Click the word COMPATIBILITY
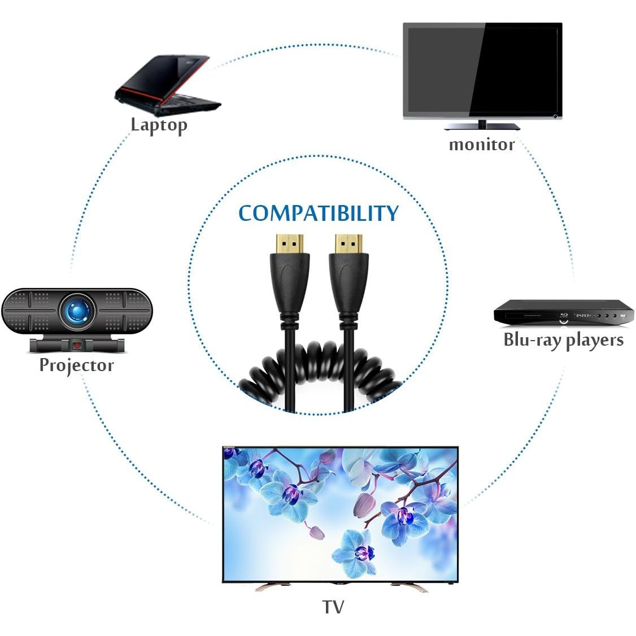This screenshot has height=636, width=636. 318,214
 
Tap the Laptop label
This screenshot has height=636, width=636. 159,124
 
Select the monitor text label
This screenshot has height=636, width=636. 481,145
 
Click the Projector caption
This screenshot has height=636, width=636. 76,365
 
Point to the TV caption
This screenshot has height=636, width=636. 333,607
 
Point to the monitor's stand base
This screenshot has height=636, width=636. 482,126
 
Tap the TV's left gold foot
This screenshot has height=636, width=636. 271,587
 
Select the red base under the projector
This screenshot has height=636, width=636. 76,343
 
